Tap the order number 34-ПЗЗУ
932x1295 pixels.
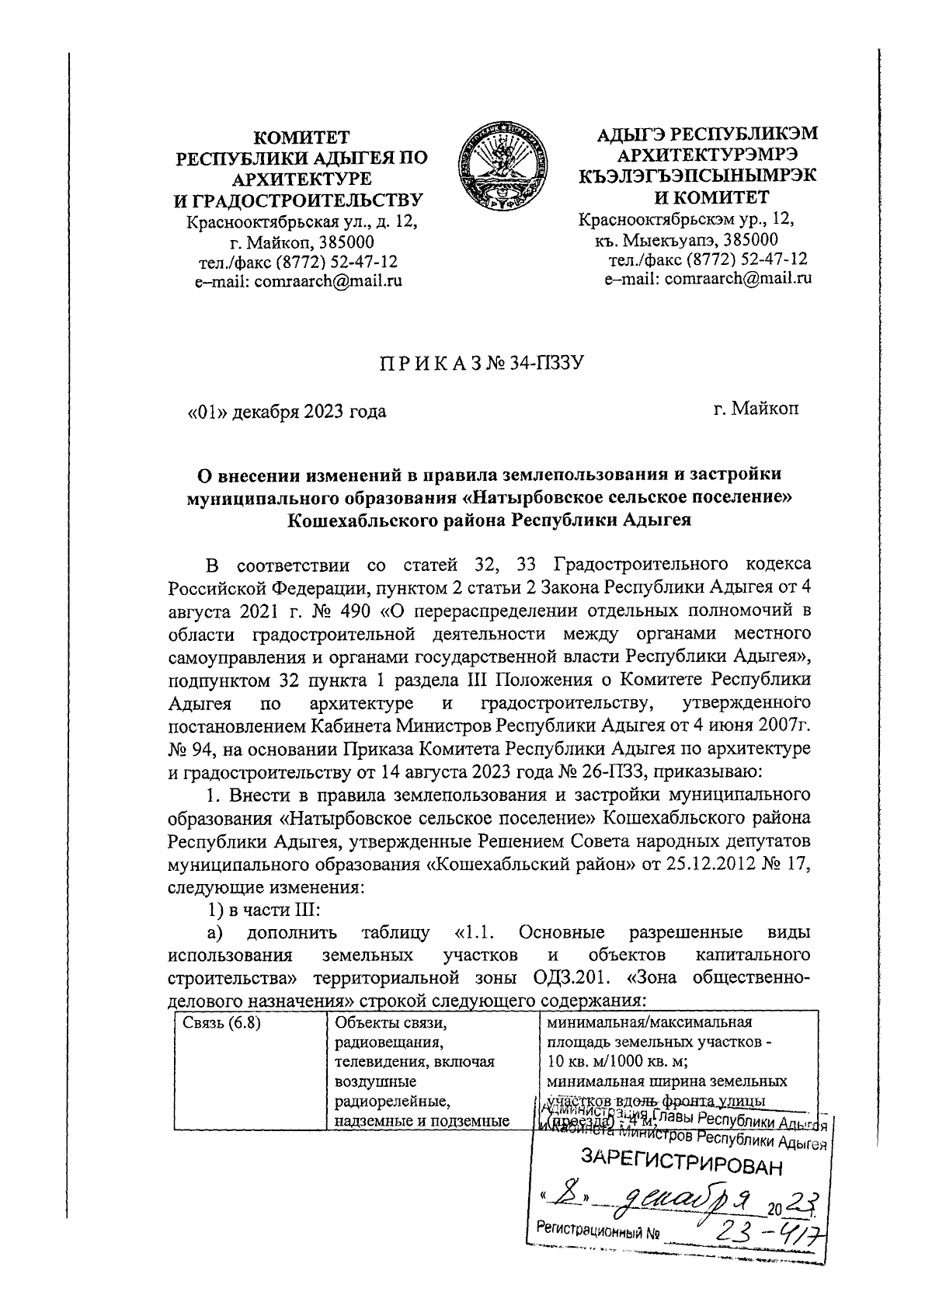(545, 362)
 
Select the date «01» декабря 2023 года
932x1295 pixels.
(287, 412)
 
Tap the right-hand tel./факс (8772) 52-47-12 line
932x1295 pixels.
(708, 259)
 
